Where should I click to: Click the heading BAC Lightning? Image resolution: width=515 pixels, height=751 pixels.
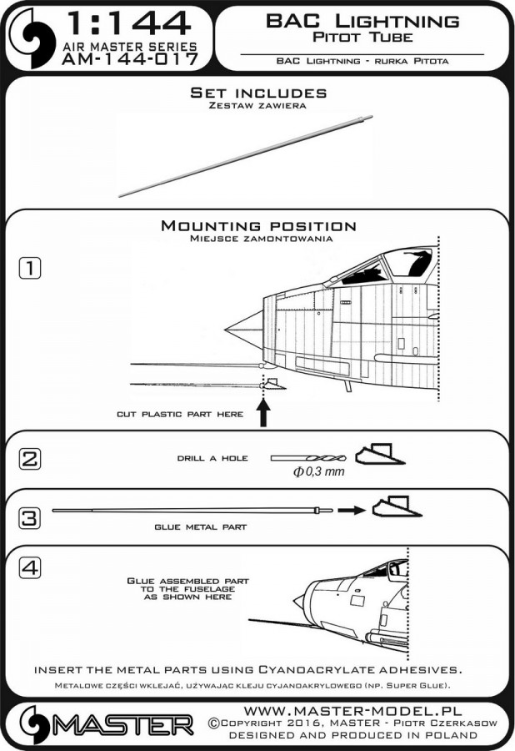(x=362, y=21)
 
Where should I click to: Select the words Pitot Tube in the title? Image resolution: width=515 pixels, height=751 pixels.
(x=362, y=38)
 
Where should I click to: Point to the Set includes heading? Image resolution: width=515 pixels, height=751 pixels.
(x=257, y=93)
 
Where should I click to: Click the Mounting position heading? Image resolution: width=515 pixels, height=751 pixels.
(x=257, y=226)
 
